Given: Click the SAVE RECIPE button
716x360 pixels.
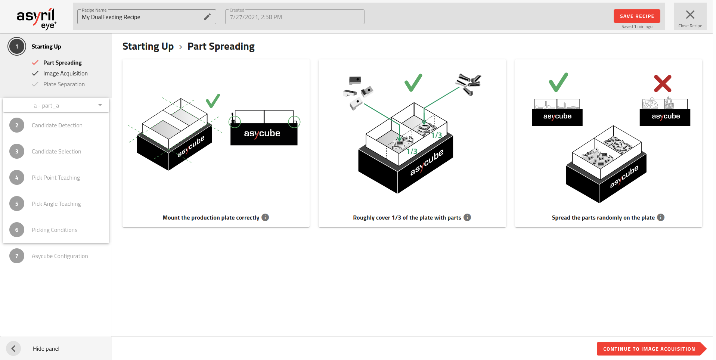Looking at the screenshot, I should tap(636, 16).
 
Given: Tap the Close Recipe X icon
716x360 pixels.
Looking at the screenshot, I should tap(690, 15).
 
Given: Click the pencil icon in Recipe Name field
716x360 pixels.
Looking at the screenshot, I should tap(207, 17).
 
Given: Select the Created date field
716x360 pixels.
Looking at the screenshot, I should tap(294, 17).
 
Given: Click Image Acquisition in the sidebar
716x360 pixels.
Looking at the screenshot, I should tap(65, 74).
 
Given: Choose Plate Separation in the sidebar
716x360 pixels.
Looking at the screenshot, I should tap(64, 84).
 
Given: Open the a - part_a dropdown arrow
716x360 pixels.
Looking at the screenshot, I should tap(100, 105).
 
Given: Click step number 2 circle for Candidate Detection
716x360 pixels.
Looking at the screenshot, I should tap(17, 125).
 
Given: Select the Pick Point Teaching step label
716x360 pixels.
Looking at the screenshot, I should tap(56, 178).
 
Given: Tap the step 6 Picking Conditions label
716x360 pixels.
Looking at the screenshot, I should tap(55, 230).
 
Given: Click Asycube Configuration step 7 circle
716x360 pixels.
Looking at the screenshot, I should tap(17, 256).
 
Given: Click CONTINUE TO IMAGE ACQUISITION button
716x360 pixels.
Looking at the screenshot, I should tap(649, 349).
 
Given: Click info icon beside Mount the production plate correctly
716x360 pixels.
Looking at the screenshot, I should tap(265, 217).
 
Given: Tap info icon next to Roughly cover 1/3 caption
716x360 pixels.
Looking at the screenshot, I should tap(467, 217).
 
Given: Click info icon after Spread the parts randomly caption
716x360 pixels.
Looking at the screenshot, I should tap(661, 217).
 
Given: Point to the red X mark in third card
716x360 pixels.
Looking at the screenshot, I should tap(663, 84).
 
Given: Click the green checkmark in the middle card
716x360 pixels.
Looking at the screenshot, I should tap(413, 83).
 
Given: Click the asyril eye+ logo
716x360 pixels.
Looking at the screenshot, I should tap(36, 18).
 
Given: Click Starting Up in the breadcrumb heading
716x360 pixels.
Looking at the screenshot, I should tap(148, 46).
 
